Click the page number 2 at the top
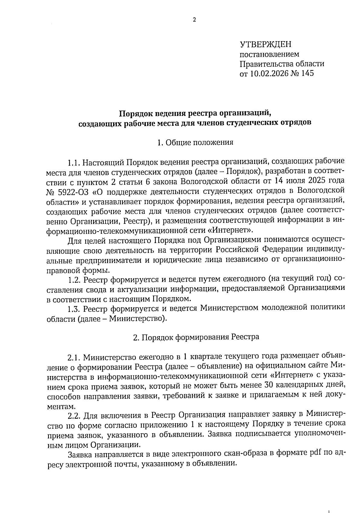coord(194,20)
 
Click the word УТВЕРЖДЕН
coord(266,45)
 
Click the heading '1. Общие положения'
coord(195,143)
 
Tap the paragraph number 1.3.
coord(74,308)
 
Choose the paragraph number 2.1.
coord(74,358)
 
